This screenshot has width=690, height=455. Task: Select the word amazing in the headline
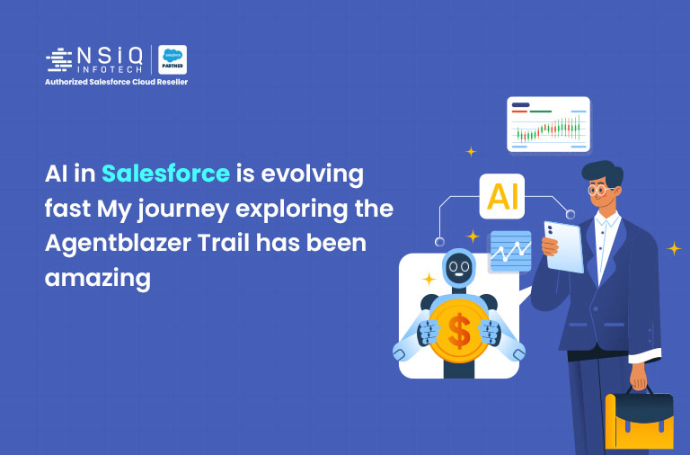97,278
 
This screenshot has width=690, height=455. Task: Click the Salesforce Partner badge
172,59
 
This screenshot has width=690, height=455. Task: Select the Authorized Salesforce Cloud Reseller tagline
117,82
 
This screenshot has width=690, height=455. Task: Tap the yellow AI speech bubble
502,197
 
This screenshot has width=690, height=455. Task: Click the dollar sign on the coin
458,332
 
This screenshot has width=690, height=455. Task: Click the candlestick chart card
548,124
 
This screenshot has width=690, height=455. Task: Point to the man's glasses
600,191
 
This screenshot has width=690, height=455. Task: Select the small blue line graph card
509,251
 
